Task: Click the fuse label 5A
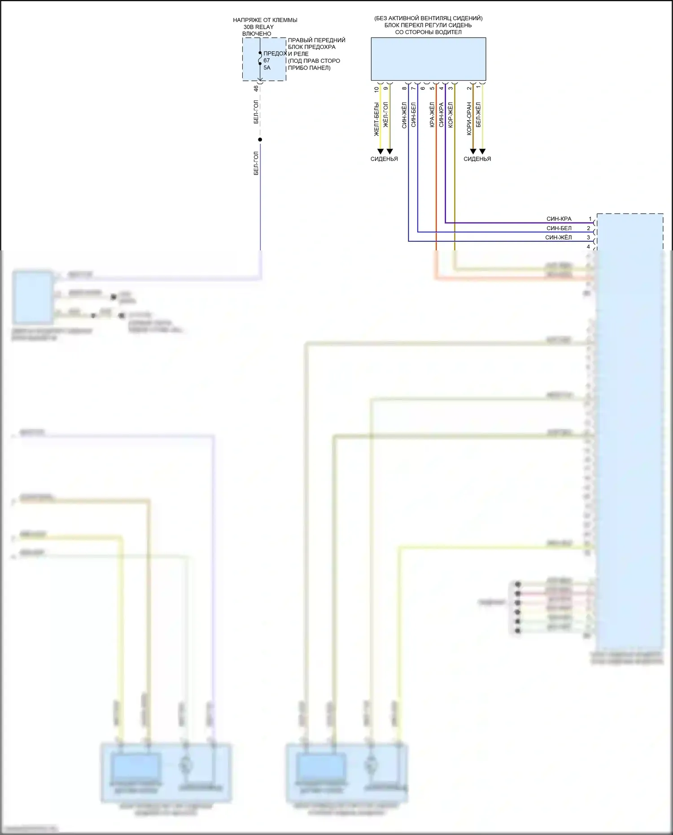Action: (267, 68)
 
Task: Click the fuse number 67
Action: (267, 61)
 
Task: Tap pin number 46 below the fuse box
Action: (256, 89)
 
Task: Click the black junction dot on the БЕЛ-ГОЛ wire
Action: (260, 140)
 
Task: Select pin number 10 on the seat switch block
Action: (376, 89)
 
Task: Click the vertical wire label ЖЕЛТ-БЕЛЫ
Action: (376, 119)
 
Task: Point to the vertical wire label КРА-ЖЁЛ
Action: (432, 115)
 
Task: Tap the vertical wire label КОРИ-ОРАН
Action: (469, 118)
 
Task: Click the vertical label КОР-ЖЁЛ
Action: (450, 115)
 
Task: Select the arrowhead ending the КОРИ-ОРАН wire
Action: (473, 152)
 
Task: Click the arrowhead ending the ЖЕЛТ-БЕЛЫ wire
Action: (380, 152)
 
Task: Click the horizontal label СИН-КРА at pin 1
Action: (559, 219)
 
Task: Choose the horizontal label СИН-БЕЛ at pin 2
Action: (559, 228)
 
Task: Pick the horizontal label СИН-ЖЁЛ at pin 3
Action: (559, 237)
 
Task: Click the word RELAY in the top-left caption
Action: (265, 27)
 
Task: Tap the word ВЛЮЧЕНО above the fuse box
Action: (257, 34)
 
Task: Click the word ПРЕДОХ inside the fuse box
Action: (275, 53)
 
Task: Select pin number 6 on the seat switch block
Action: (423, 88)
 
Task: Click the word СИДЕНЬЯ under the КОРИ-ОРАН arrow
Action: (477, 159)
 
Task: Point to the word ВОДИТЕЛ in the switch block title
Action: (449, 32)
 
